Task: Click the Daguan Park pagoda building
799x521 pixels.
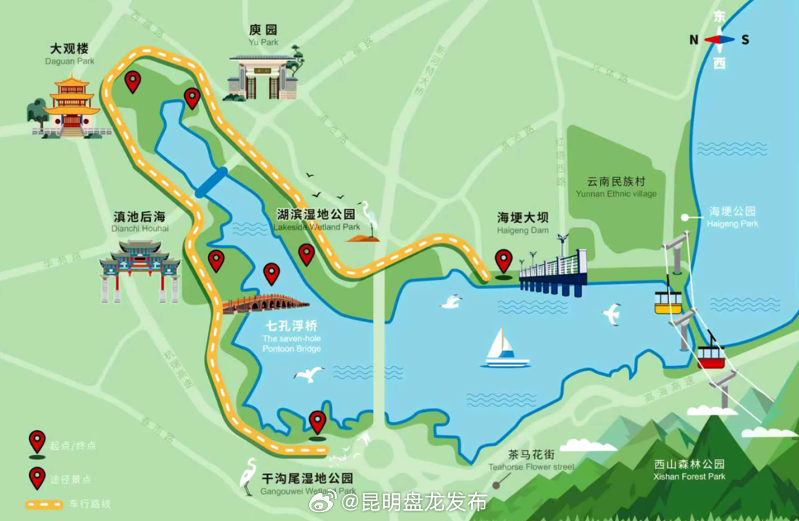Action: pos(71,107)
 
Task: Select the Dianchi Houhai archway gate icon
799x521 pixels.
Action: pos(140,269)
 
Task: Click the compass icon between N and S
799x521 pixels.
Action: pos(719,40)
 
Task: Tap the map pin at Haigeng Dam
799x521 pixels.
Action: pos(504,261)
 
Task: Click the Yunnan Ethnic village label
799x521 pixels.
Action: pos(616,186)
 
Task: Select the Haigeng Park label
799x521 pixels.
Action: pos(732,216)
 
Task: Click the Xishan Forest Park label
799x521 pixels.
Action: pos(690,470)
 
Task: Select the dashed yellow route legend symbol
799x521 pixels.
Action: pos(44,505)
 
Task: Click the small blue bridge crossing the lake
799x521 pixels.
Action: pos(211,181)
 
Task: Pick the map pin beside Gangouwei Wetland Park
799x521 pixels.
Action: pos(317,423)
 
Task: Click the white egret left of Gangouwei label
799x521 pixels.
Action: pos(247,474)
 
